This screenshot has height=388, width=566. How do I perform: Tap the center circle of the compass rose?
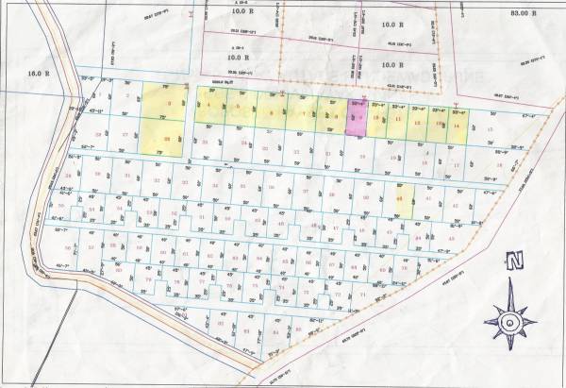(x=510, y=325)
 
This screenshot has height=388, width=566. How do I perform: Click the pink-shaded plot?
(x=357, y=120)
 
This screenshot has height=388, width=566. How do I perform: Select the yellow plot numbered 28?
(x=167, y=139)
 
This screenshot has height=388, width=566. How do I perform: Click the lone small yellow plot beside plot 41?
(x=400, y=199)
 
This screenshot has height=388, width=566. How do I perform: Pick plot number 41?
(x=429, y=200)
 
